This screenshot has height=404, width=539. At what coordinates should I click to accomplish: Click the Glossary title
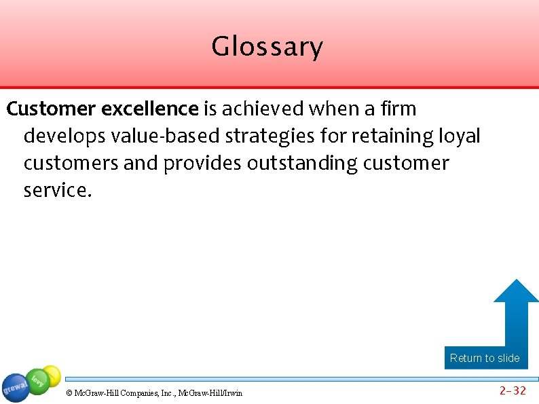click(267, 47)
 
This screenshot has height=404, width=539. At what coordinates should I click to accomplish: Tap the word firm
click(399, 109)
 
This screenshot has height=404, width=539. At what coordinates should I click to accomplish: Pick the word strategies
click(270, 136)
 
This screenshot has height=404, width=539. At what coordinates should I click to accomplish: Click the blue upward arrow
click(515, 312)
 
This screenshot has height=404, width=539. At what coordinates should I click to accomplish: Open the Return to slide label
click(485, 358)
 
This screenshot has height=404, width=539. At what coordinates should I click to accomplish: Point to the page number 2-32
click(513, 390)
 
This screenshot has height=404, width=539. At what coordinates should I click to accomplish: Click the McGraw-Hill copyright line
click(154, 392)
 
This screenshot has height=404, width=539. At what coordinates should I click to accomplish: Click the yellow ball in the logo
click(52, 374)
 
